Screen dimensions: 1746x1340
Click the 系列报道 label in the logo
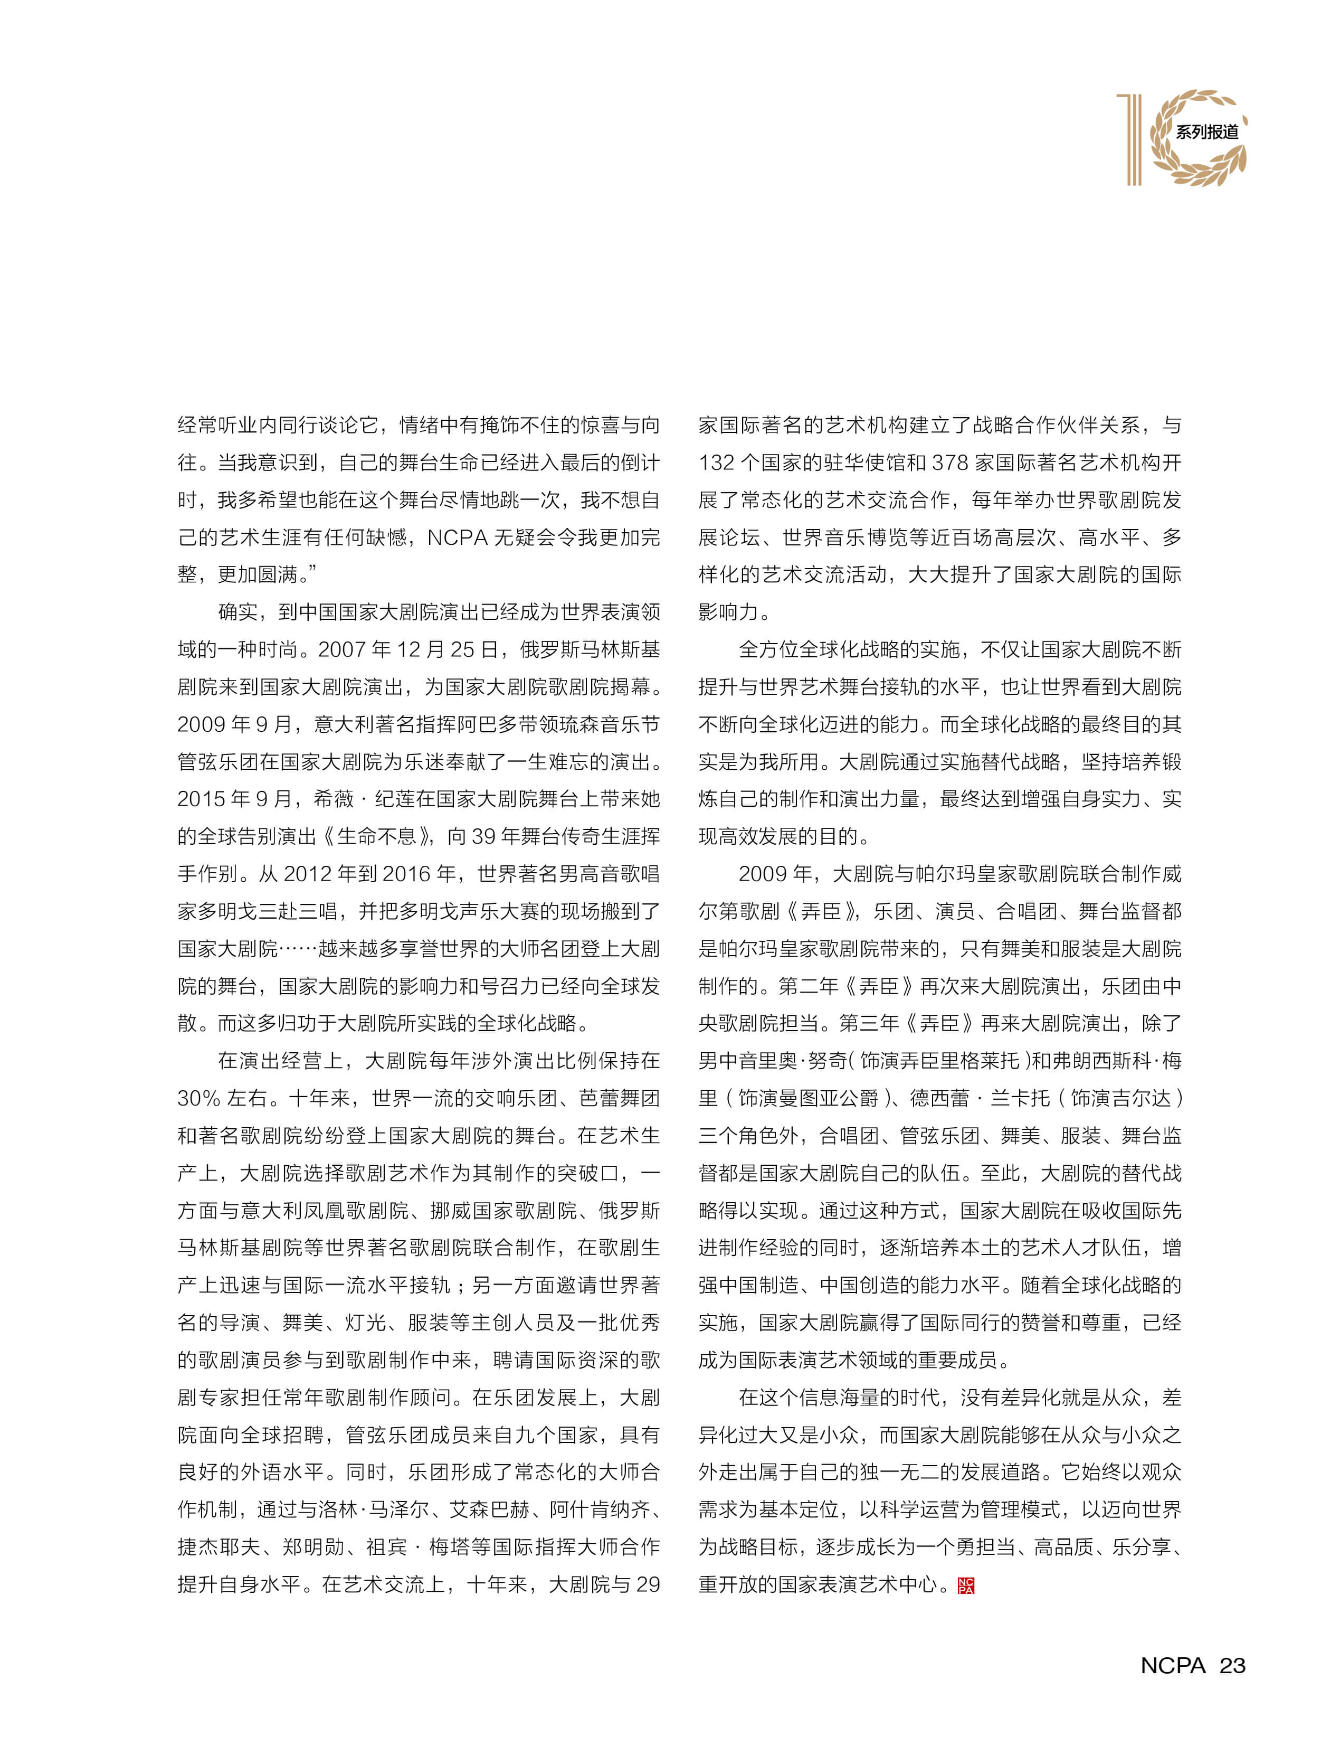[x=1207, y=131]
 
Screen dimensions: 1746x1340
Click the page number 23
[x=1232, y=1665]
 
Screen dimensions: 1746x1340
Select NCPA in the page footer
[x=1173, y=1665]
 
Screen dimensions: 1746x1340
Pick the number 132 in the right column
[x=716, y=463]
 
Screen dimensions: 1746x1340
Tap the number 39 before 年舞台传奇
[x=483, y=836]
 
